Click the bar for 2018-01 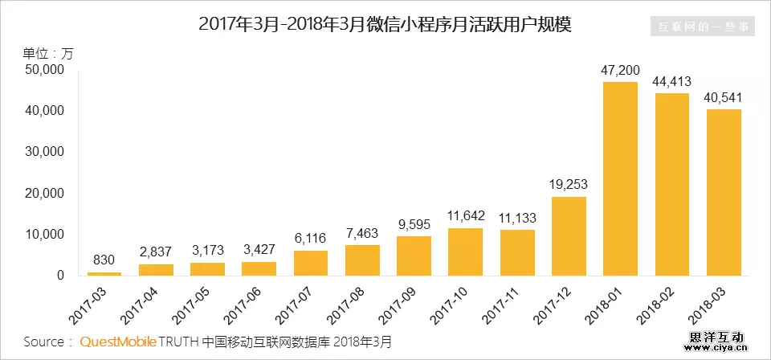click(620, 179)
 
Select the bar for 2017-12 click(569, 236)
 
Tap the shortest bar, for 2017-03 click(104, 273)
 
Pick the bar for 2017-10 click(465, 252)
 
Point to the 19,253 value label click(569, 185)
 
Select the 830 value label click(104, 260)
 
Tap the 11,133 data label click(516, 218)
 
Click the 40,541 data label click(724, 98)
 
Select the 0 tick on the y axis click(59, 276)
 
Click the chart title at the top click(385, 25)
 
